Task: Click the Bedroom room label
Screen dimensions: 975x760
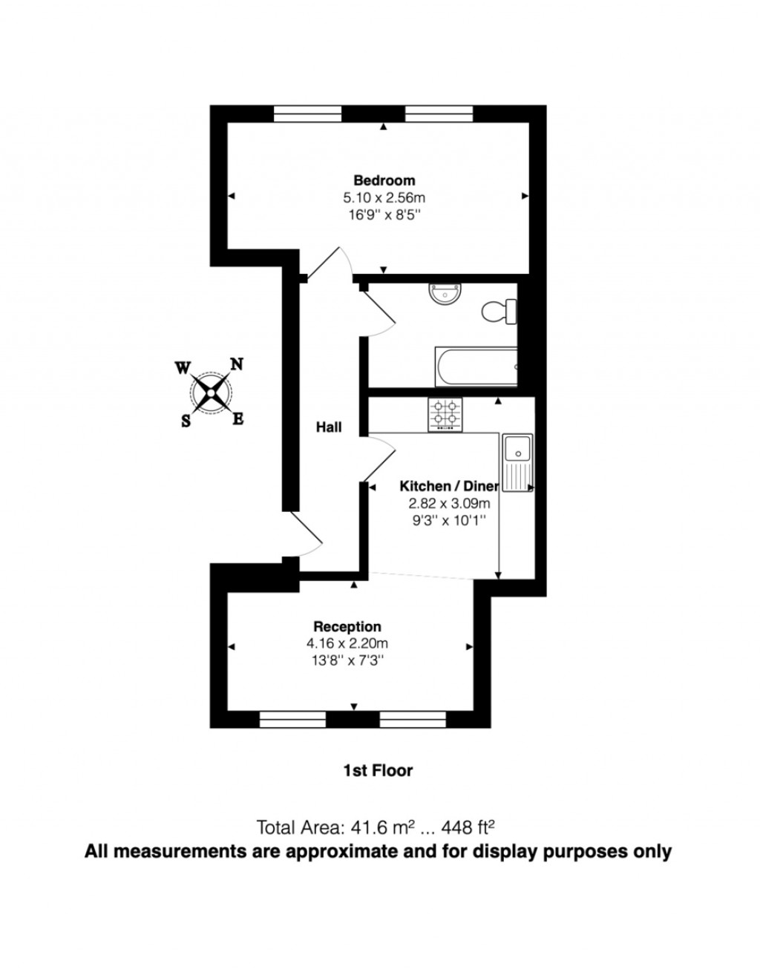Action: click(x=384, y=180)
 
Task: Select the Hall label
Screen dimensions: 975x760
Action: click(x=329, y=427)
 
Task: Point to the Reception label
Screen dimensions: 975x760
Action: click(x=347, y=627)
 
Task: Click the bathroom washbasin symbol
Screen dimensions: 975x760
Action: click(x=445, y=295)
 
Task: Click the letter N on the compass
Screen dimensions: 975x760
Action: click(x=236, y=364)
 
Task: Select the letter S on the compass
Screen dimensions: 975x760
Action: click(x=186, y=421)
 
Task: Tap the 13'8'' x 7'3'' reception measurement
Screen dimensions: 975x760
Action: click(x=347, y=659)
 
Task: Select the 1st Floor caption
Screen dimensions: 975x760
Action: click(x=377, y=771)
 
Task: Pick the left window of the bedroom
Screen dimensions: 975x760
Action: click(x=307, y=113)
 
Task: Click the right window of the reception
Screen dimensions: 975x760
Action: click(x=413, y=718)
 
